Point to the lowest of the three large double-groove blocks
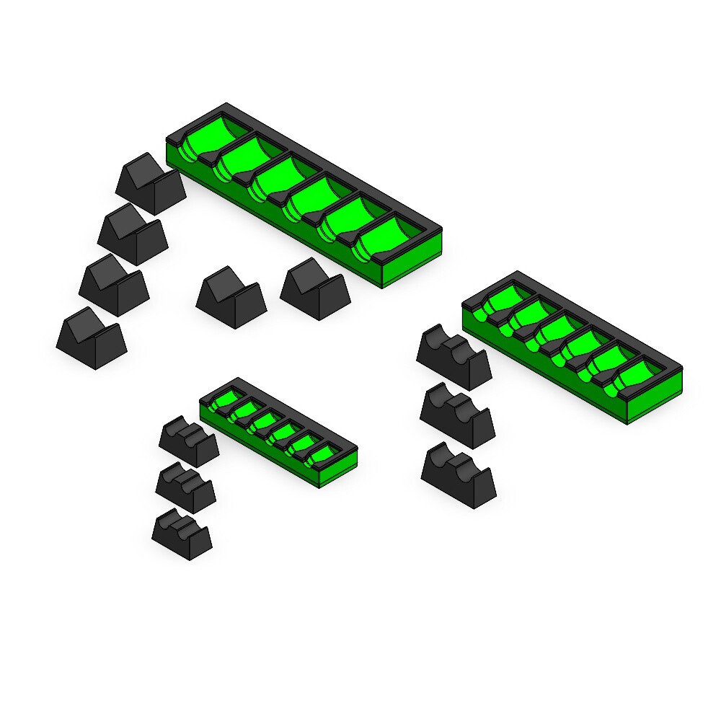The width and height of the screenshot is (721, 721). tap(459, 475)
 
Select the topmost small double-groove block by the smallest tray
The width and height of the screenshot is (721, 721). tap(189, 441)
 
